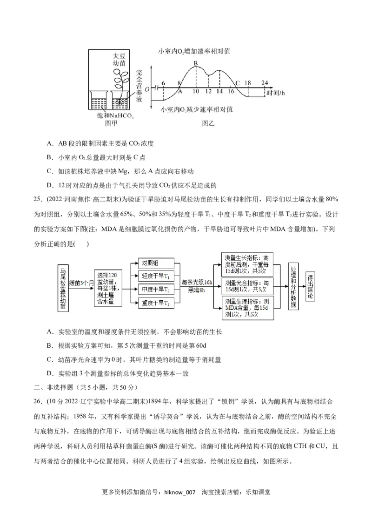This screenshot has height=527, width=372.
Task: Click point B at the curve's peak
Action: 196,63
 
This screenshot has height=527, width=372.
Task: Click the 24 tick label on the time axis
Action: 265,83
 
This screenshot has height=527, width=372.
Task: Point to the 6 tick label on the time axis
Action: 163,83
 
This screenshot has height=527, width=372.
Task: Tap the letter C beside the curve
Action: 237,83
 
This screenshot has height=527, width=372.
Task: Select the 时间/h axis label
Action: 275,93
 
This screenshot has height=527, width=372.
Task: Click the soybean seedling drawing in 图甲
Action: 122,79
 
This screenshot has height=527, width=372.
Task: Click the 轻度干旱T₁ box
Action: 155,276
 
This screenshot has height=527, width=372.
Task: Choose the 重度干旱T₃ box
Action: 155,304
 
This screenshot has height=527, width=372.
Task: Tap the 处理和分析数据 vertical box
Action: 293,289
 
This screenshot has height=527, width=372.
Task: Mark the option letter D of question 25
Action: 49,373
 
